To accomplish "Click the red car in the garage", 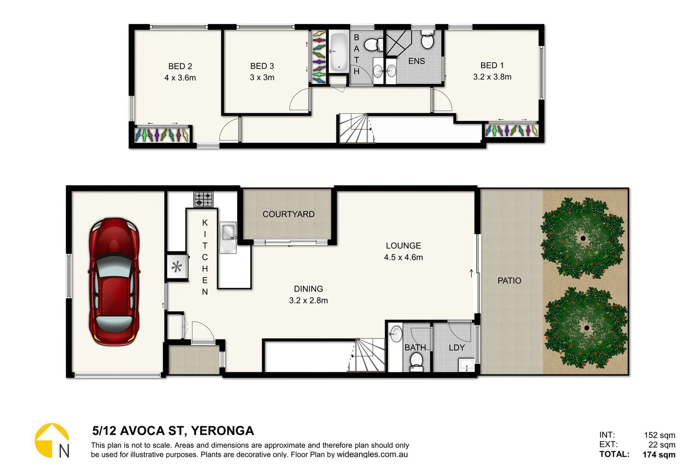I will [114, 281].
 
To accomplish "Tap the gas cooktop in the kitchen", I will [203, 199].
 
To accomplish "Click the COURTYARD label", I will [288, 214].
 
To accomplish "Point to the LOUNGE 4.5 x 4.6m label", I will [403, 251].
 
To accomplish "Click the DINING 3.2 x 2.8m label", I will [308, 294].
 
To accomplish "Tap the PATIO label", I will [509, 280].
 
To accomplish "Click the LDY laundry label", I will [457, 347].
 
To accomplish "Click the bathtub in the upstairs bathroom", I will [339, 52].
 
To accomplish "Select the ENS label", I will [416, 61].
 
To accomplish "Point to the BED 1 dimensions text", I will [492, 77].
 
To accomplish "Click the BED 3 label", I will [262, 66].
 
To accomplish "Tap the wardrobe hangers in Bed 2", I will [162, 135].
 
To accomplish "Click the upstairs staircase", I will [356, 128].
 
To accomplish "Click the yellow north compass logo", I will [52, 440].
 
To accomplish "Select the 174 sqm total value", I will [658, 454].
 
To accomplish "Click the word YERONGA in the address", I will [222, 431].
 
